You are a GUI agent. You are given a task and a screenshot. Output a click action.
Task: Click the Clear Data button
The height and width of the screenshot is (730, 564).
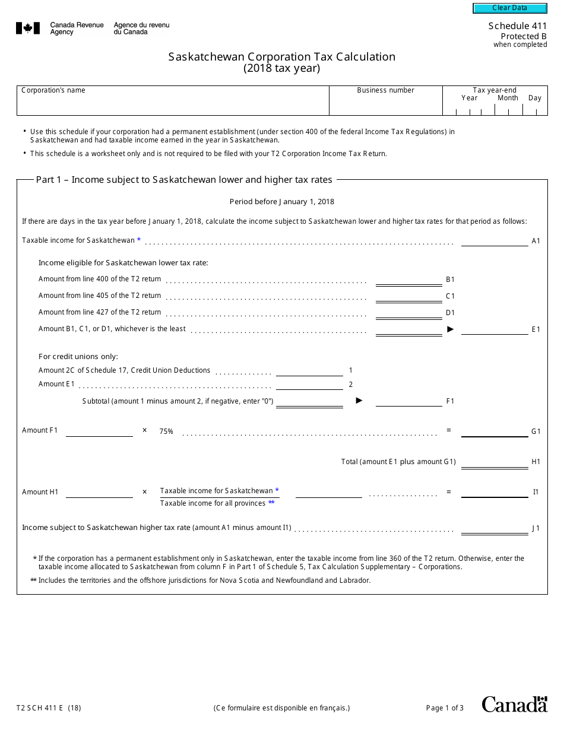tap(509, 8)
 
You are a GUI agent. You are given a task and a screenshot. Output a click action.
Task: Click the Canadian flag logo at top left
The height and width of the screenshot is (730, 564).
tap(28, 28)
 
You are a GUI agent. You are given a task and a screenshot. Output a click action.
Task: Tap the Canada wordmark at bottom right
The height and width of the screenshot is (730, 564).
tap(514, 704)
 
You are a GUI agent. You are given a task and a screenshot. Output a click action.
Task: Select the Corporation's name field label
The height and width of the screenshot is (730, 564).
tap(53, 90)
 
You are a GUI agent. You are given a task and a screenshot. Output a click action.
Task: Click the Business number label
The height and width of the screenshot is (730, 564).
tap(385, 90)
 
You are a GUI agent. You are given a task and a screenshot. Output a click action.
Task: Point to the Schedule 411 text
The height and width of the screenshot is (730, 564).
tap(517, 26)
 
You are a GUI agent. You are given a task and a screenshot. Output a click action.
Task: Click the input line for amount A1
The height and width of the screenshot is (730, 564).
tap(494, 241)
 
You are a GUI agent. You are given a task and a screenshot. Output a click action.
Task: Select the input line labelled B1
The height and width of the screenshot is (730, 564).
tap(408, 280)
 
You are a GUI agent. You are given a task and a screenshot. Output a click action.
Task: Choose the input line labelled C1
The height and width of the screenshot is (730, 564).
tap(408, 296)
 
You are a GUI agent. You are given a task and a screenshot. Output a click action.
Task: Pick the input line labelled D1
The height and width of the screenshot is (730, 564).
tap(408, 313)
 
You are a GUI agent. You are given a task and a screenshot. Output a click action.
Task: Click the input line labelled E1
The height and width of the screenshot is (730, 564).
tap(494, 329)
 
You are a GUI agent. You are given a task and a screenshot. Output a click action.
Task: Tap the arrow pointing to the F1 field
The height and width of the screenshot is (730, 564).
tap(359, 401)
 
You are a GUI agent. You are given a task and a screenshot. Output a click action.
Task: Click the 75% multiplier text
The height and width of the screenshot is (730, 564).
tap(166, 431)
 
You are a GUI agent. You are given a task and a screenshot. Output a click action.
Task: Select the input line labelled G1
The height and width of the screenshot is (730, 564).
tap(494, 431)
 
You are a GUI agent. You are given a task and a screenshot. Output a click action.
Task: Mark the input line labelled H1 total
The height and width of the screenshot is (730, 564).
tap(494, 462)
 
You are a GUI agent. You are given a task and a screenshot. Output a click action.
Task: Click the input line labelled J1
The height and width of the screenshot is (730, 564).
tap(494, 528)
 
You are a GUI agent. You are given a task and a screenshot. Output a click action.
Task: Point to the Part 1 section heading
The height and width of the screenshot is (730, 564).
tap(184, 179)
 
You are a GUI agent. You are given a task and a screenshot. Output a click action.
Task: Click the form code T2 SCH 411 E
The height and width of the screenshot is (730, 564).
tap(49, 707)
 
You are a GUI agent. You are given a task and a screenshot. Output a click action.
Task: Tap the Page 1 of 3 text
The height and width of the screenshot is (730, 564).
tap(445, 707)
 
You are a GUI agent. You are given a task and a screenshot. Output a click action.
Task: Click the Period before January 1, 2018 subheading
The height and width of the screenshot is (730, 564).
tap(281, 202)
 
